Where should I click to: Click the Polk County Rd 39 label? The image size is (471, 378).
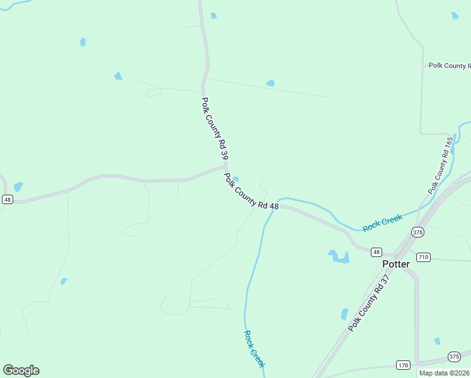click(x=214, y=129)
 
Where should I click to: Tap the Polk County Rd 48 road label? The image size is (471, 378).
click(x=251, y=192)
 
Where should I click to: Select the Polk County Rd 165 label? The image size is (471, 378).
click(x=440, y=165)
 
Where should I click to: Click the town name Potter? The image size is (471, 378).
click(x=396, y=264)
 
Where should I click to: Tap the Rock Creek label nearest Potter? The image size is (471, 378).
click(x=382, y=222)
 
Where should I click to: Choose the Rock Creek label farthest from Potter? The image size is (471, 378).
click(x=254, y=348)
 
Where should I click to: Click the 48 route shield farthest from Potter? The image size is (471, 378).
click(x=7, y=199)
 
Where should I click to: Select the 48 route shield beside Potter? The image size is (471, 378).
click(x=376, y=251)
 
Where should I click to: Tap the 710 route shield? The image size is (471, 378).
click(x=423, y=256)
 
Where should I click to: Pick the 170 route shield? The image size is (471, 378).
click(x=404, y=365)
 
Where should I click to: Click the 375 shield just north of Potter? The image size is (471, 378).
click(x=418, y=232)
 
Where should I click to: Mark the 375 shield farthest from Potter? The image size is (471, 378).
click(x=454, y=356)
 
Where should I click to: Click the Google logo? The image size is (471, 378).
click(x=21, y=370)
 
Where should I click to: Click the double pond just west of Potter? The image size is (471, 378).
click(x=339, y=256)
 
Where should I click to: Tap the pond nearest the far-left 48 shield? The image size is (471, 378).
click(x=18, y=186)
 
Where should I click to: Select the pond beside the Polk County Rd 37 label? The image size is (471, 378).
click(x=344, y=313)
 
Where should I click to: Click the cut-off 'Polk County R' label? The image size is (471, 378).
click(x=449, y=66)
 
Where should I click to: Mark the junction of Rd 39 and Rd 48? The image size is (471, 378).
click(x=225, y=167)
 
